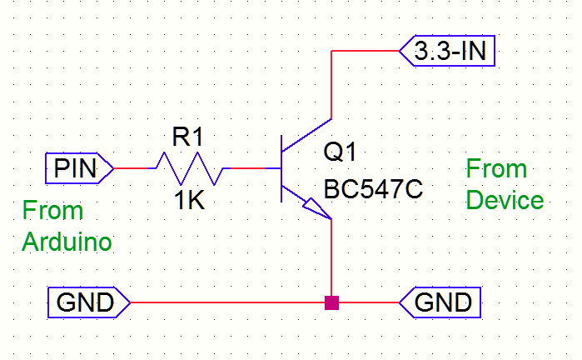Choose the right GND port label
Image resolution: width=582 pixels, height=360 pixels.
pyautogui.click(x=440, y=302)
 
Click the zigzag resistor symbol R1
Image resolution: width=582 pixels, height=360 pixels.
pyautogui.click(x=187, y=168)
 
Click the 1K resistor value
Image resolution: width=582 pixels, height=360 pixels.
pyautogui.click(x=189, y=201)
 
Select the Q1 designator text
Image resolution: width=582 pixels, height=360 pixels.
pyautogui.click(x=340, y=153)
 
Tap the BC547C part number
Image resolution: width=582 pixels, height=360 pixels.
pyautogui.click(x=374, y=189)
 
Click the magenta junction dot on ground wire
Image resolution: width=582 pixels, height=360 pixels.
pyautogui.click(x=332, y=302)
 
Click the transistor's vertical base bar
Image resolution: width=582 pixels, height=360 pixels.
pyautogui.click(x=281, y=169)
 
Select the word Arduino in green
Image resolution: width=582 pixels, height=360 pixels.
pyautogui.click(x=67, y=242)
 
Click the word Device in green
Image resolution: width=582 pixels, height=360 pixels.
pyautogui.click(x=505, y=201)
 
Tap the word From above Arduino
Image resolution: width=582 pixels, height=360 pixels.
pyautogui.click(x=53, y=210)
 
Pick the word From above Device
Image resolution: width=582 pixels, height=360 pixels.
pyautogui.click(x=496, y=169)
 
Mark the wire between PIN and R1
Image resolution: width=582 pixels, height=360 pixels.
pyautogui.click(x=131, y=168)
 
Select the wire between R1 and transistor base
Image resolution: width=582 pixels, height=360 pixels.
pyautogui.click(x=250, y=168)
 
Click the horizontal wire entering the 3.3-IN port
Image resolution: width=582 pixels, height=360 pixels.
pyautogui.click(x=366, y=52)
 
